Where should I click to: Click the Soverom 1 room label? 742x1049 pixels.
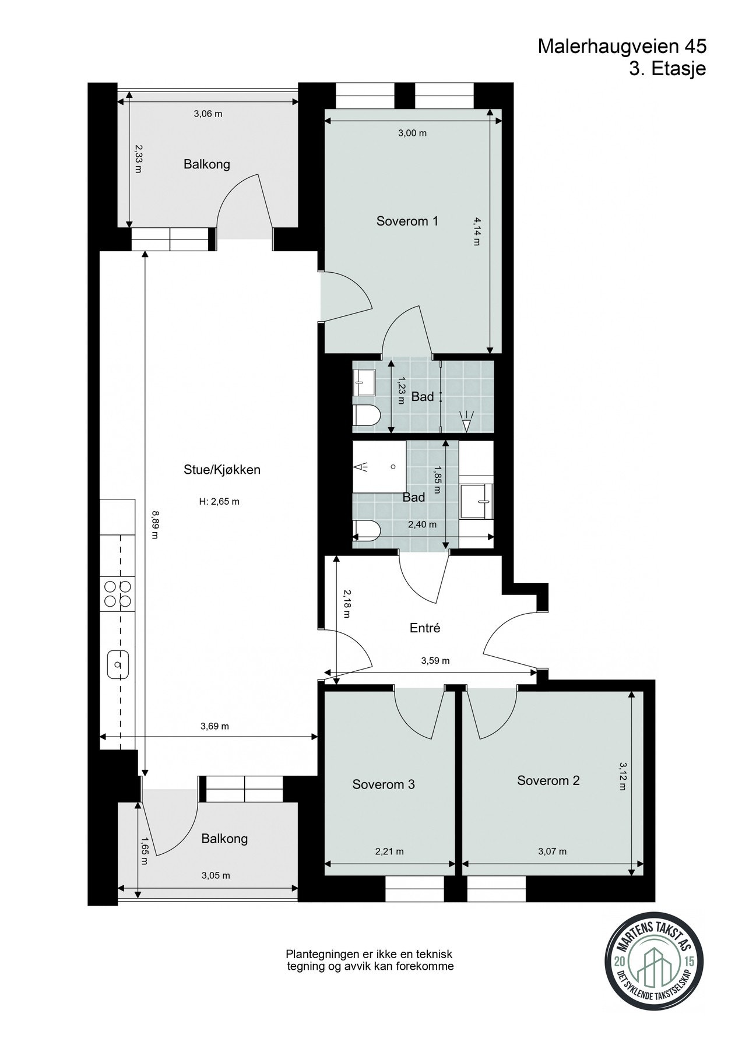[407, 221]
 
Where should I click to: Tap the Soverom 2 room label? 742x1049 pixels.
[548, 780]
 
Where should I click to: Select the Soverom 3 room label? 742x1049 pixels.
[384, 784]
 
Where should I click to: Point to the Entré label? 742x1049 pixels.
[424, 628]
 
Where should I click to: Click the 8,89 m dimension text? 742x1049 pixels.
[155, 524]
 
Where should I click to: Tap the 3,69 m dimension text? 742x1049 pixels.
[214, 726]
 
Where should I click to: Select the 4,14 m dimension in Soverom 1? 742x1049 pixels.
[477, 231]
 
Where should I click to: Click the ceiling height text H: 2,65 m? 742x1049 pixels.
[219, 501]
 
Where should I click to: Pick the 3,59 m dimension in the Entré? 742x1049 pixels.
[435, 661]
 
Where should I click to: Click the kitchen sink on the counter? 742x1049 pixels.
[118, 664]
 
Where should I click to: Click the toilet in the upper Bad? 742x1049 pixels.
[367, 416]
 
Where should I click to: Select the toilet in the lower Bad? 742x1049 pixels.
[367, 530]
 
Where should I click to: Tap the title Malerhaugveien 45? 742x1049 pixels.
[622, 47]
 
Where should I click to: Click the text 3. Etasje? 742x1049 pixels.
[667, 69]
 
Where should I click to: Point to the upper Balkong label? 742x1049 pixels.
[207, 164]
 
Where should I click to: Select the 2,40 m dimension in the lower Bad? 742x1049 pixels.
[422, 524]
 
